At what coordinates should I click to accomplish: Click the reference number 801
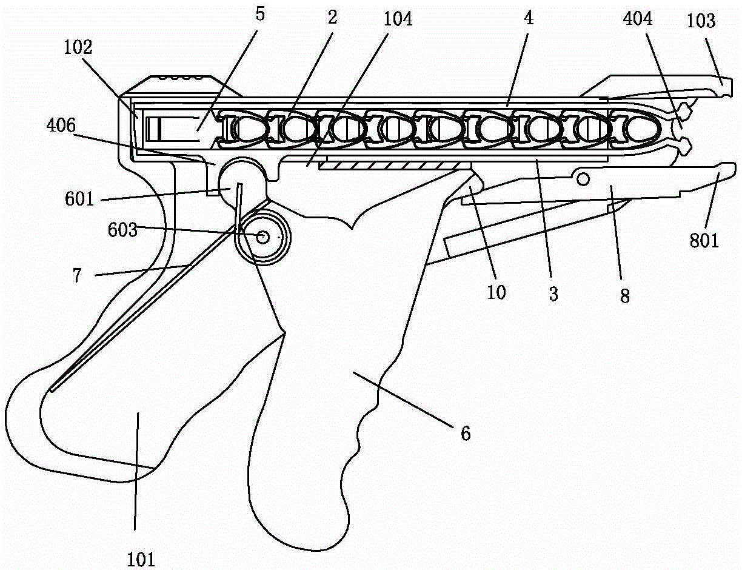coord(704,241)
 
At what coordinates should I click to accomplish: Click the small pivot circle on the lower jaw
coord(583,178)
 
